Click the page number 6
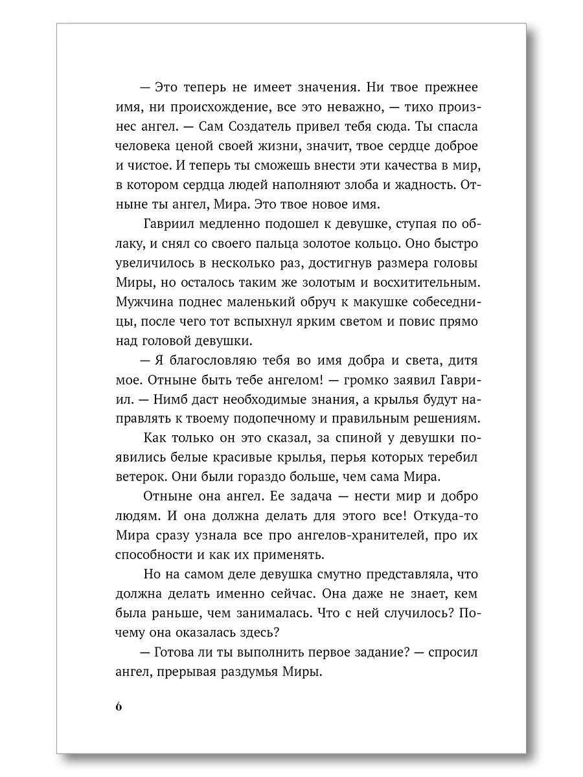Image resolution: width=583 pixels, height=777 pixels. coord(119,706)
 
